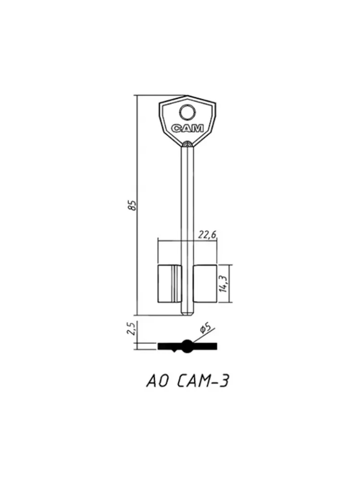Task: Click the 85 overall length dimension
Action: pyautogui.click(x=132, y=205)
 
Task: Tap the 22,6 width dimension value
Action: pyautogui.click(x=207, y=235)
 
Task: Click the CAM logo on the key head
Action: pyautogui.click(x=187, y=128)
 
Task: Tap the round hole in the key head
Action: pyautogui.click(x=188, y=113)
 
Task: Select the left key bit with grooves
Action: pyautogui.click(x=170, y=284)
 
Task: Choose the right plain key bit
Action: pyautogui.click(x=205, y=284)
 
